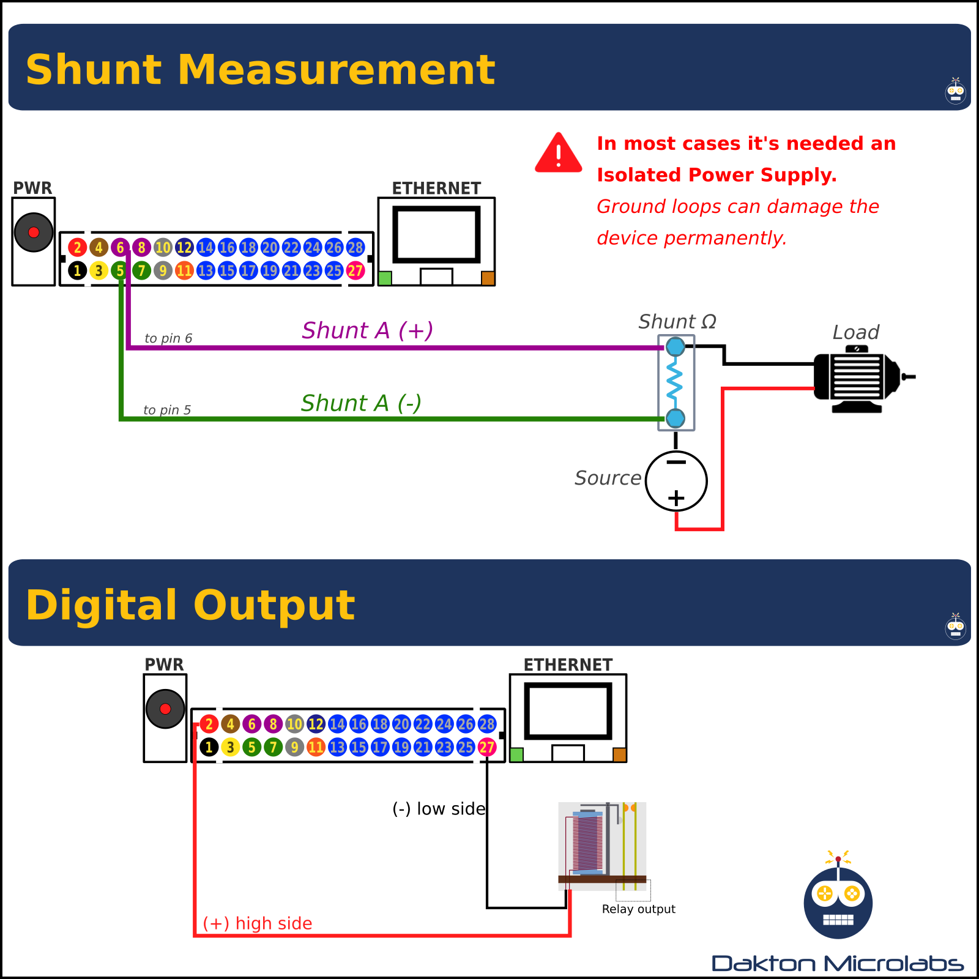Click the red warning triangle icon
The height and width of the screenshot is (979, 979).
point(558,154)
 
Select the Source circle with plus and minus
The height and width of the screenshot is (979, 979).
point(676,481)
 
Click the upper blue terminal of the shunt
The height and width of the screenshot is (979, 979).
point(676,347)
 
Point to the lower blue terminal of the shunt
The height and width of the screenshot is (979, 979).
point(676,419)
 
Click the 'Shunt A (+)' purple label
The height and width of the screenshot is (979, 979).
point(367,330)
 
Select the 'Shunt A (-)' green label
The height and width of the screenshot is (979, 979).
point(361,403)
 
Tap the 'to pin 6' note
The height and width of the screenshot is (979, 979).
point(168,338)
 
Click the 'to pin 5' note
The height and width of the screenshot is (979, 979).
point(167,410)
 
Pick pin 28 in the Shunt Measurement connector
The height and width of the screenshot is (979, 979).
point(355,247)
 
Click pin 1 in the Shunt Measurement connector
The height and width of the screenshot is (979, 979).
point(77,270)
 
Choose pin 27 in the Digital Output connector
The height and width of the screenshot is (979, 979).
point(487,747)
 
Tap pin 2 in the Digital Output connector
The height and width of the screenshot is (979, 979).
point(209,724)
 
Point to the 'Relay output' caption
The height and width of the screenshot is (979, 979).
point(638,909)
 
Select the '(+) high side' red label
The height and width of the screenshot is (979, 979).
point(258,923)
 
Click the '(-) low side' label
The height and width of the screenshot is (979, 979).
point(439,809)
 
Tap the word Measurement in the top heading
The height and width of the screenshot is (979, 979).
point(336,69)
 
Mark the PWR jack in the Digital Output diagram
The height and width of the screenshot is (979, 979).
point(165,709)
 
